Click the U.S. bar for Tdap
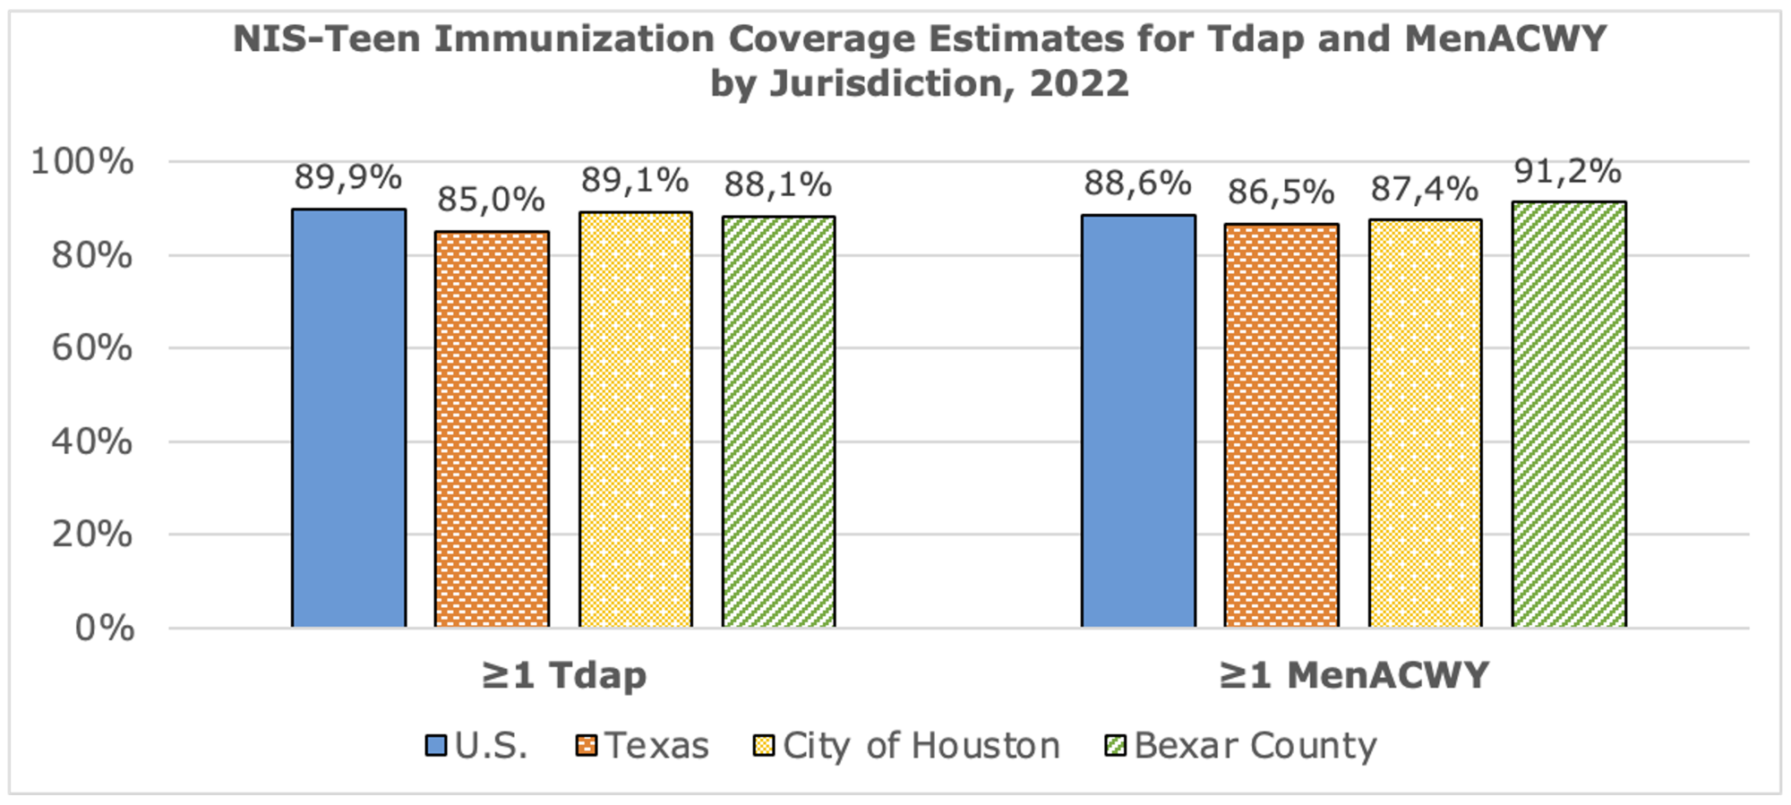[x=348, y=418]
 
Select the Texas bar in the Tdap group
[x=492, y=429]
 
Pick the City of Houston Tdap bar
[x=635, y=419]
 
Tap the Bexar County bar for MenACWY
[x=1569, y=415]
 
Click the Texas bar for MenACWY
[x=1281, y=425]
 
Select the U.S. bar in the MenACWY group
[x=1138, y=421]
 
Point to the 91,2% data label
[x=1568, y=170]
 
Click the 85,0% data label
[x=491, y=200]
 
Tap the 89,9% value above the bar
[x=348, y=177]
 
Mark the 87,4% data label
[x=1425, y=189]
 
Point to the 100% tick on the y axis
[x=82, y=162]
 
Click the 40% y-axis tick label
[x=91, y=441]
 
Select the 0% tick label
[x=104, y=628]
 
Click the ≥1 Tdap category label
[x=564, y=674]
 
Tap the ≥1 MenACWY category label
[x=1353, y=674]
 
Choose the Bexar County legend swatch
[x=1116, y=746]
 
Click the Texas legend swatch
[x=587, y=746]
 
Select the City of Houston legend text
[x=921, y=746]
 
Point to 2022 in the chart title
[x=1079, y=83]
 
